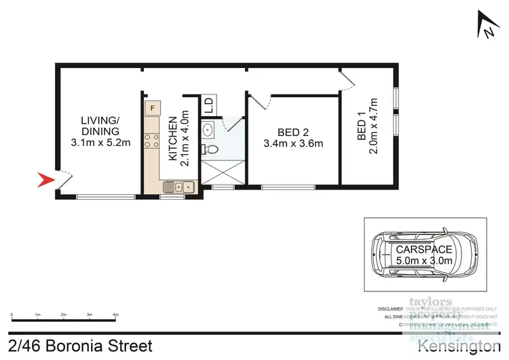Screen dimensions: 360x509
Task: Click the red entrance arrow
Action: click(x=44, y=180)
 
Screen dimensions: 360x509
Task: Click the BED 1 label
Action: click(x=362, y=131)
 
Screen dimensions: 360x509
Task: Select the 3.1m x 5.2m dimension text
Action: click(x=100, y=143)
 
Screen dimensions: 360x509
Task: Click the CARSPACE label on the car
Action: click(x=425, y=249)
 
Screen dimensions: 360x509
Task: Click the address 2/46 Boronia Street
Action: click(x=81, y=346)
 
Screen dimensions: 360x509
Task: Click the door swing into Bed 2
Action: click(x=261, y=101)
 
